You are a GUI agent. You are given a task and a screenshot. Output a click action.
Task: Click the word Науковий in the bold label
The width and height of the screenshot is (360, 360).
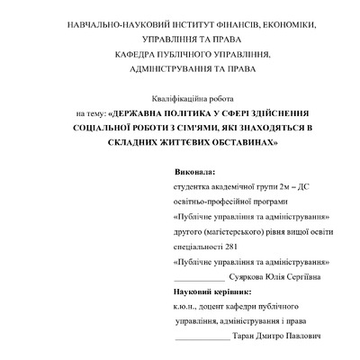pos(195,292)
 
